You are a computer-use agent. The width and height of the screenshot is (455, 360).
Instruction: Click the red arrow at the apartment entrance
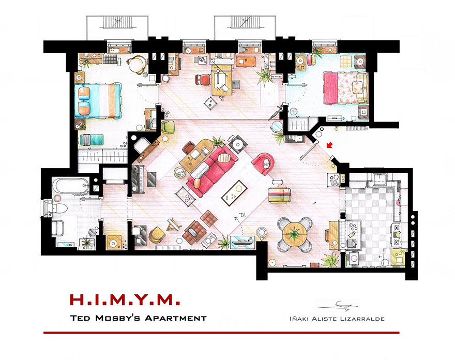330,146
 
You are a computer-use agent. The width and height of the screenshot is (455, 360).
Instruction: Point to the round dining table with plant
295,233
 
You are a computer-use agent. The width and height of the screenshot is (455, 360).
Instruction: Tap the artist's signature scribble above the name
341,304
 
